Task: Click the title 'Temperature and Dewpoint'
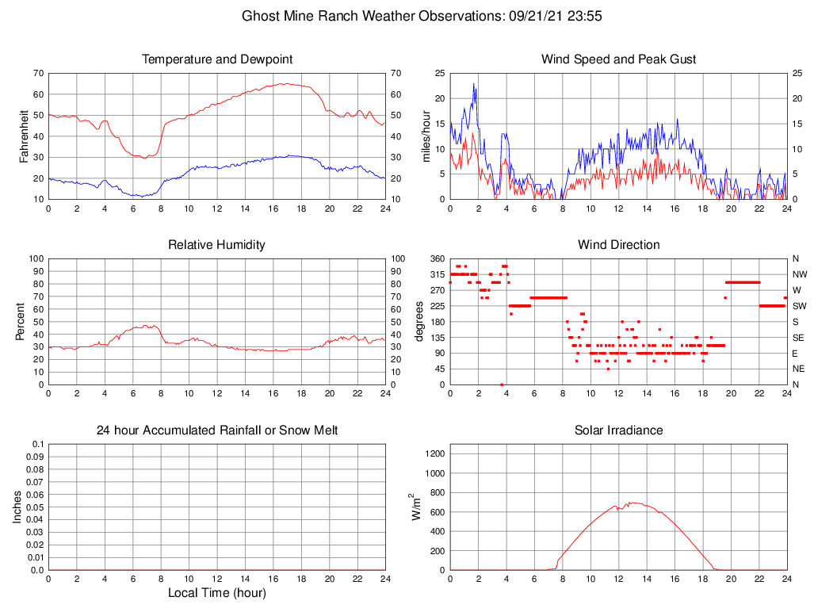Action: [x=216, y=59]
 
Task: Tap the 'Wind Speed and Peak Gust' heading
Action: [x=618, y=59]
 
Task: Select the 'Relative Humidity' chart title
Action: [x=216, y=245]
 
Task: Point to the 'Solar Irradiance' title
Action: [x=618, y=430]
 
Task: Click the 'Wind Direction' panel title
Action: [x=618, y=245]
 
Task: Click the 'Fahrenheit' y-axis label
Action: [x=24, y=136]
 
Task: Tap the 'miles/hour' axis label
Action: [x=426, y=136]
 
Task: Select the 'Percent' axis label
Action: [x=21, y=321]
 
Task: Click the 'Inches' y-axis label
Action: [x=17, y=507]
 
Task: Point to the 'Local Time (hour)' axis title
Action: [x=216, y=593]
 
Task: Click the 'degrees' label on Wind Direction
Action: [x=420, y=321]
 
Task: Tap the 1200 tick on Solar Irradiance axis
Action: [x=435, y=454]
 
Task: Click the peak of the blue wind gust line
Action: [x=474, y=84]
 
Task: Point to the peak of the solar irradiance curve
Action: [x=632, y=503]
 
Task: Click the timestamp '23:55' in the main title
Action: [x=586, y=16]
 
